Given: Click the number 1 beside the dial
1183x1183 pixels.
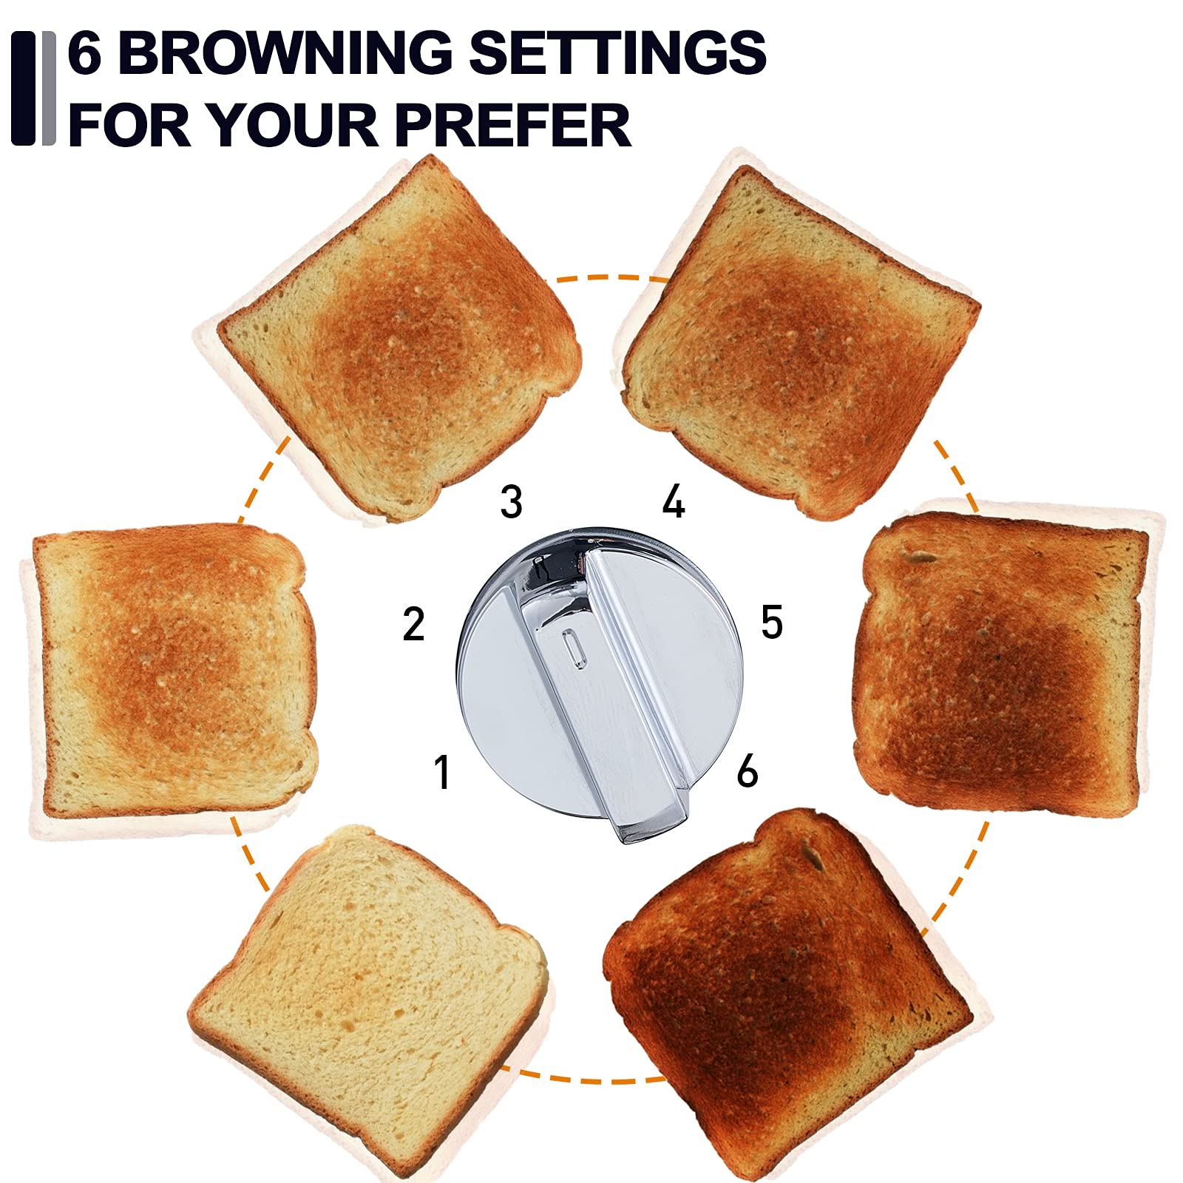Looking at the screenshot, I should pyautogui.click(x=442, y=772).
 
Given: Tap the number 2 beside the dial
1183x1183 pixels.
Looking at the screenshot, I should pyautogui.click(x=414, y=623).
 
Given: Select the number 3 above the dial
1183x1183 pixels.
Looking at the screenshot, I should pyautogui.click(x=512, y=502).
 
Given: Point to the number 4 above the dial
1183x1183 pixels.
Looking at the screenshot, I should pyautogui.click(x=674, y=502).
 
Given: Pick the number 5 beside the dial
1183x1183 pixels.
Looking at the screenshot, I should pyautogui.click(x=772, y=622).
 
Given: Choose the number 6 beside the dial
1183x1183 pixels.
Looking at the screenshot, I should pyautogui.click(x=748, y=771).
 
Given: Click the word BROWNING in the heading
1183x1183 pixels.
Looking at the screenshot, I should pyautogui.click(x=285, y=52).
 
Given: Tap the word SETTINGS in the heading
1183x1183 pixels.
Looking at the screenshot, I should pyautogui.click(x=617, y=52).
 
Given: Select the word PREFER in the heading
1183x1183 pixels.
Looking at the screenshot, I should pyautogui.click(x=514, y=123).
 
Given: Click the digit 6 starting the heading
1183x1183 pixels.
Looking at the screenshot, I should pyautogui.click(x=84, y=52).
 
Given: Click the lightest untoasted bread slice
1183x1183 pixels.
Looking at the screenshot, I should pyautogui.click(x=370, y=991).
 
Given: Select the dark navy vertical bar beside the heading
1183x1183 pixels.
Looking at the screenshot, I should pyautogui.click(x=23, y=88).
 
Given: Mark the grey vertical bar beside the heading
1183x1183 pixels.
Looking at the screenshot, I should pyautogui.click(x=49, y=88).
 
